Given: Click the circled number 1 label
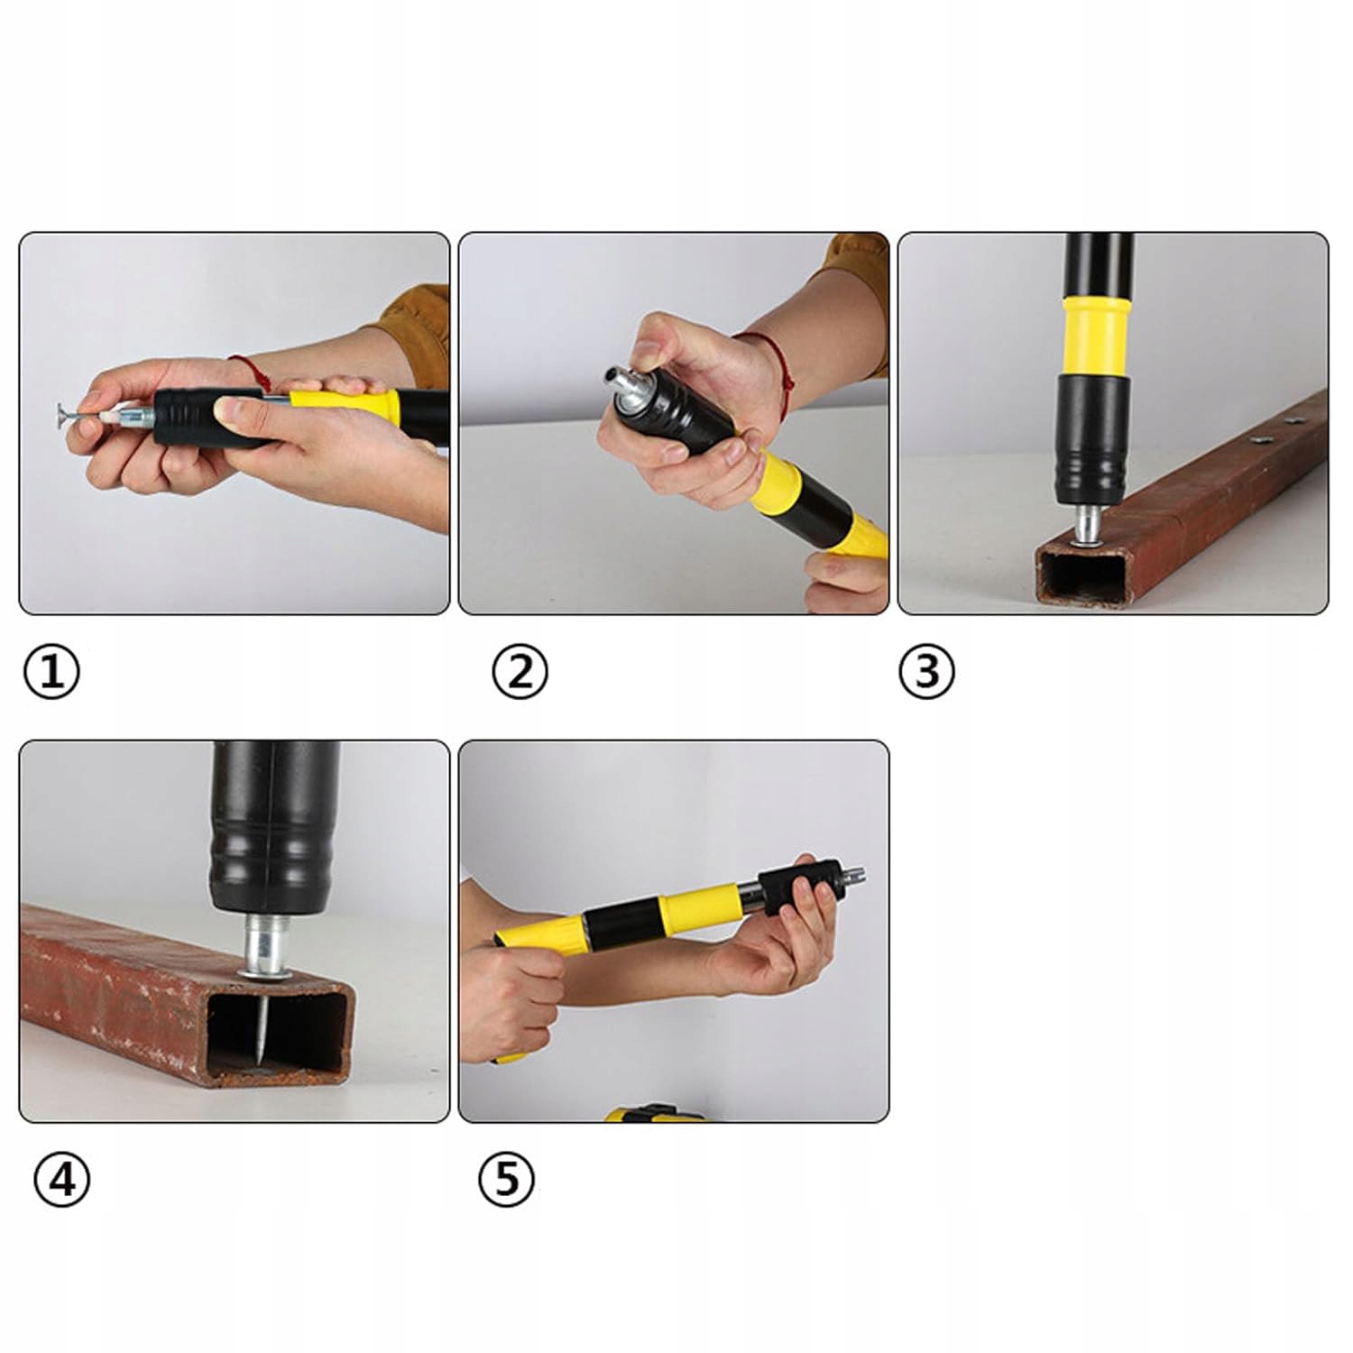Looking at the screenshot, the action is [x=51, y=672].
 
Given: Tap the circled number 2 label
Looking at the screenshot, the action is [x=520, y=672].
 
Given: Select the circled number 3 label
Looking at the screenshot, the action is [x=926, y=672].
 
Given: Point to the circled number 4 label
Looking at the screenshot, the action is [x=61, y=1179].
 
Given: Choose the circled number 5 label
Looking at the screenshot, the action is [x=506, y=1179].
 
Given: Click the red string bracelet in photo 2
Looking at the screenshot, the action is [x=778, y=370].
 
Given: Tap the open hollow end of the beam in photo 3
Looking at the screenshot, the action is [x=1082, y=577].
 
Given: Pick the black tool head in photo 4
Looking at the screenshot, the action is [x=274, y=826].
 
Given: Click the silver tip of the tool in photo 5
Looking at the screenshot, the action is [x=852, y=876].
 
